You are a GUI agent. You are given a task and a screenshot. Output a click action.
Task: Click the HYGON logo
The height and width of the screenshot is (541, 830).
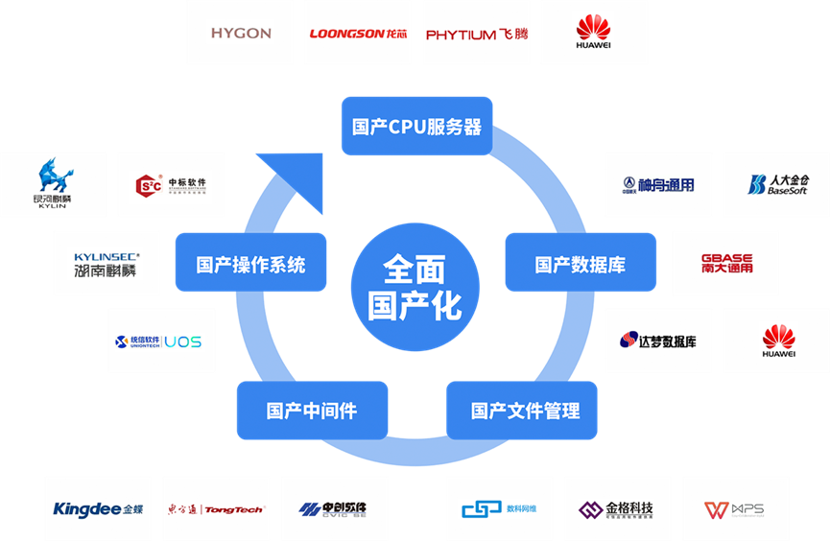(x=240, y=33)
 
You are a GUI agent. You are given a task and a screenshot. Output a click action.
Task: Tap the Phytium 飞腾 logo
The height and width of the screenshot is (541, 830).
(x=476, y=34)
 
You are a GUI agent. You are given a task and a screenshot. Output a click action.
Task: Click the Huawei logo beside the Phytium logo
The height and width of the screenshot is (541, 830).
(x=593, y=33)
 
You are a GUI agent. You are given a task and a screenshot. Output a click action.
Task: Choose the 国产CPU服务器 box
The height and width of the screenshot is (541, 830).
(x=416, y=126)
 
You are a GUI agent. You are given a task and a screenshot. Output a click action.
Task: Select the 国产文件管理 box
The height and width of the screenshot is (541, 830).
(x=525, y=411)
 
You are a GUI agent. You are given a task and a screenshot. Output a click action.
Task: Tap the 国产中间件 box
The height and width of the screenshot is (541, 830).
(x=312, y=411)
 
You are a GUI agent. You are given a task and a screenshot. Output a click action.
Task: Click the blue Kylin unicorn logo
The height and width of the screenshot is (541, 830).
(x=53, y=184)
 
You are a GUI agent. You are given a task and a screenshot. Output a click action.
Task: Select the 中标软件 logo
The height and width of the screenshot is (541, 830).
(x=172, y=184)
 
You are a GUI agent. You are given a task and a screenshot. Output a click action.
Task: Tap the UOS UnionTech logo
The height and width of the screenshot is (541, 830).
(x=159, y=341)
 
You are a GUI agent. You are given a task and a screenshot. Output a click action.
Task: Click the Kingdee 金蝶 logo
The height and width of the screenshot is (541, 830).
(x=97, y=508)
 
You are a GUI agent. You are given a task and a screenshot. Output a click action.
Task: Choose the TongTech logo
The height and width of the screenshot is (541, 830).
(x=215, y=508)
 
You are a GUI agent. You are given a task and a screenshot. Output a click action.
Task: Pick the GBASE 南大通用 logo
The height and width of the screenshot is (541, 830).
(x=725, y=263)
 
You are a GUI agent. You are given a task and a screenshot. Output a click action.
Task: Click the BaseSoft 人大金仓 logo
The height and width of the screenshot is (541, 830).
(x=776, y=184)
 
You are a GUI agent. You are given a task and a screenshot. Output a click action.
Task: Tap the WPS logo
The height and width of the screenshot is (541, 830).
(x=735, y=508)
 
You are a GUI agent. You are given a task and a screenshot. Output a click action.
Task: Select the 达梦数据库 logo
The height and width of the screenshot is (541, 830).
(x=658, y=341)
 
